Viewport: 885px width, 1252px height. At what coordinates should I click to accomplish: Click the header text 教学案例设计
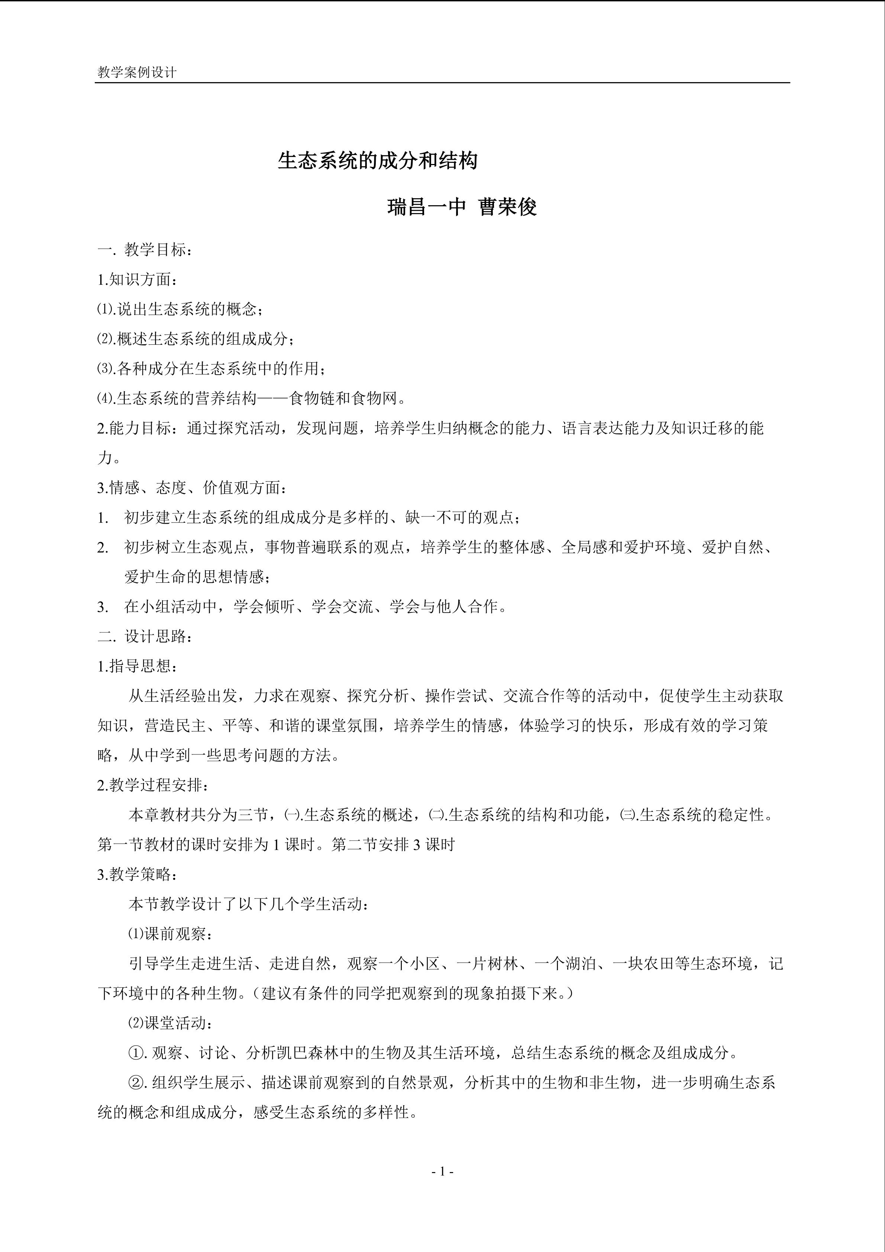point(137,73)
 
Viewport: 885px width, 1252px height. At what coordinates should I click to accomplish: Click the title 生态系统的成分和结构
point(378,160)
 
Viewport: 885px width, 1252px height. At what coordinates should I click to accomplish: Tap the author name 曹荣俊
point(508,207)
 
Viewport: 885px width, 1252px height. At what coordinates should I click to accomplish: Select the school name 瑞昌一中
point(427,207)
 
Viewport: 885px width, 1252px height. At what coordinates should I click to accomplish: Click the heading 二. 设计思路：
point(145,636)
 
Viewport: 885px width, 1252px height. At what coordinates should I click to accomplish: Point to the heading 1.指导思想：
point(137,666)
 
